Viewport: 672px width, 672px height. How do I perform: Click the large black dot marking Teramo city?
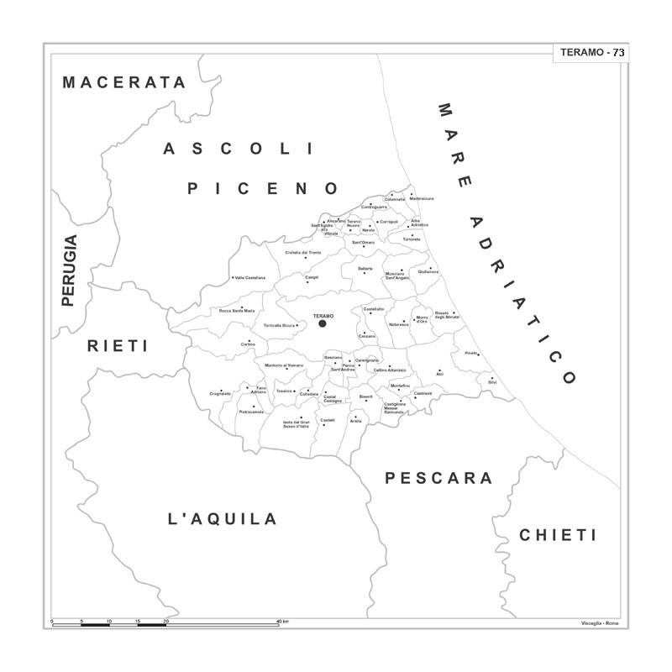click(x=322, y=323)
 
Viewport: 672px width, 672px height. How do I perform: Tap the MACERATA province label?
click(x=124, y=82)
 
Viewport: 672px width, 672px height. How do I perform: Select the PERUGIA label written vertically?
click(x=69, y=270)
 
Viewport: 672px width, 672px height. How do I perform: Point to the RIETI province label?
click(x=118, y=345)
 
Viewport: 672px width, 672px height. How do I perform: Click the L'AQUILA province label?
click(x=223, y=519)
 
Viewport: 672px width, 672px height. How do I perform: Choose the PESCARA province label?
click(x=438, y=478)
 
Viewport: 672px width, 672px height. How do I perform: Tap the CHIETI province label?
click(x=557, y=535)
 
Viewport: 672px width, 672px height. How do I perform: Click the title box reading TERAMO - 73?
click(x=591, y=53)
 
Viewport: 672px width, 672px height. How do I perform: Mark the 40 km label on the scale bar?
click(x=283, y=622)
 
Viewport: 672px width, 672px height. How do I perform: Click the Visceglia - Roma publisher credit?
click(x=600, y=623)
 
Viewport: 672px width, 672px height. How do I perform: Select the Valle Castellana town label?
click(x=250, y=278)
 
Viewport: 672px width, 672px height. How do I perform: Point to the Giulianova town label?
click(x=428, y=271)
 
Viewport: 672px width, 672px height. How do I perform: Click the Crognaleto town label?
click(x=220, y=393)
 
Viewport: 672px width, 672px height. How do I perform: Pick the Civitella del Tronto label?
click(x=303, y=252)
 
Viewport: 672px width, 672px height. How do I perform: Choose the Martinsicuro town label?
click(x=422, y=198)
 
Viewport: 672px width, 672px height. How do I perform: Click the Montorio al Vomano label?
click(x=284, y=365)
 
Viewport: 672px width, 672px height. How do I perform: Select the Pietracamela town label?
click(x=251, y=412)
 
